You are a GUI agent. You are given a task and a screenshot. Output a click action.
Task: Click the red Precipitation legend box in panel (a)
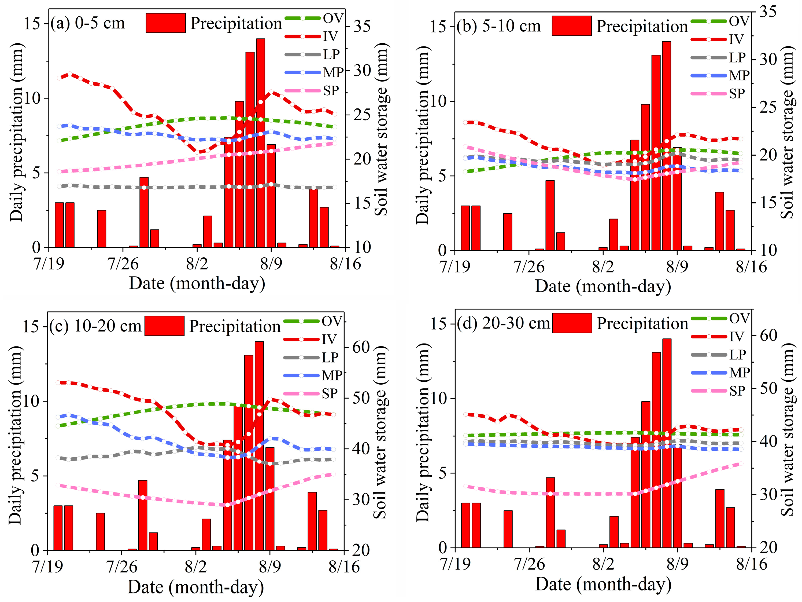[x=166, y=23]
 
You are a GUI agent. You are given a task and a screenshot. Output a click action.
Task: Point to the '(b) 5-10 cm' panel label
[x=498, y=26]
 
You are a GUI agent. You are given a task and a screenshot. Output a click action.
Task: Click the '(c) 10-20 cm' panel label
[x=95, y=326]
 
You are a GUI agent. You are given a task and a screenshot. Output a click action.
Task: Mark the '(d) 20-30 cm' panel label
[x=503, y=323]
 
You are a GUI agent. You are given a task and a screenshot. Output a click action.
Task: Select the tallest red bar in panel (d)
[x=666, y=443]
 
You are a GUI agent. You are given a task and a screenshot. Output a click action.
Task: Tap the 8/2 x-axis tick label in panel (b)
[x=603, y=267]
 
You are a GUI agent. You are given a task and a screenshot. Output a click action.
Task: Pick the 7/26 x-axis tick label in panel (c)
[x=122, y=567]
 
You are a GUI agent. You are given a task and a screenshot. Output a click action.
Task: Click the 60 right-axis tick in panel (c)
[x=360, y=347]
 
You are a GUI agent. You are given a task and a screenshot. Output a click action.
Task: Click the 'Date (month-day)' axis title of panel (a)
[x=197, y=283]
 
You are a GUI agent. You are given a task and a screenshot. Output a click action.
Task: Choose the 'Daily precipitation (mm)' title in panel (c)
[x=15, y=435]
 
